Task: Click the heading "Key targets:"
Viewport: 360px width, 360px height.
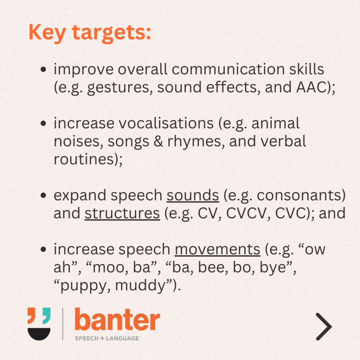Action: point(90,33)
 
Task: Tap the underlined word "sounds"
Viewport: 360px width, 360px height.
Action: point(193,195)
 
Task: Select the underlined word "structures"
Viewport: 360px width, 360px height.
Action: point(122,213)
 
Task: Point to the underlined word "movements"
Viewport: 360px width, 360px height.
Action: point(217,249)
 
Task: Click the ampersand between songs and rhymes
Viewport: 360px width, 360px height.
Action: point(158,141)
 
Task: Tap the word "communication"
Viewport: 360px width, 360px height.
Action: point(228,69)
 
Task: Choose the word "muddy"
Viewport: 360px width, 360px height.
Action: point(140,285)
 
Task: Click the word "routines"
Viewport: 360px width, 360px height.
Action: point(84,159)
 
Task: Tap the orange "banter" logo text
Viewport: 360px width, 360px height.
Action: point(117,319)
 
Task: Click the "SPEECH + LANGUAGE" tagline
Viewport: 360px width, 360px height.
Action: point(107,338)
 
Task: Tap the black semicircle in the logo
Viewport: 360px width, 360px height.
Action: point(39,334)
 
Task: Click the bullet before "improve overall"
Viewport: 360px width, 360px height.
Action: point(43,69)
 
